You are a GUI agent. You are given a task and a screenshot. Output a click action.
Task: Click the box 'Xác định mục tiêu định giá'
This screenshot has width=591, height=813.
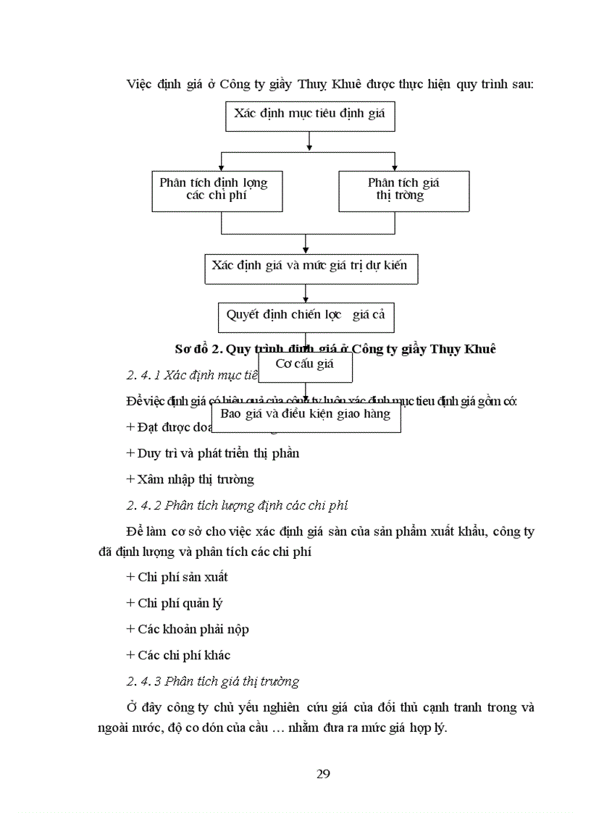pos(310,115)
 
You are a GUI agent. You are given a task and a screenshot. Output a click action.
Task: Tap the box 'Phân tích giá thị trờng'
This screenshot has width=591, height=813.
pos(403,190)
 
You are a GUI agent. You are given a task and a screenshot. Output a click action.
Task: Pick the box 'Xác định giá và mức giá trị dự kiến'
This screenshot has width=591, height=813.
pos(310,267)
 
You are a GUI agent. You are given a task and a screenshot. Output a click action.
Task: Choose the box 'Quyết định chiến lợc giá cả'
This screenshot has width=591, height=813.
pos(306,316)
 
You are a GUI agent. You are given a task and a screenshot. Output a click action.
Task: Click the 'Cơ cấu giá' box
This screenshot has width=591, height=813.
pos(304,366)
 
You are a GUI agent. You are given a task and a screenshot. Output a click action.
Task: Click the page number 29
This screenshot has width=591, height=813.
pos(324,774)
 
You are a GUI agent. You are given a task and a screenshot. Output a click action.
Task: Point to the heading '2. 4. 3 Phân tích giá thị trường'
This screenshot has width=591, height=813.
pos(212,681)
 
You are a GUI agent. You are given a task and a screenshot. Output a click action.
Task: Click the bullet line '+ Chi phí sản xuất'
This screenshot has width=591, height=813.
pos(177,577)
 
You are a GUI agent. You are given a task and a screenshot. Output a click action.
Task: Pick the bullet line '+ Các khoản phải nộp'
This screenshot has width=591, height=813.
pos(188,629)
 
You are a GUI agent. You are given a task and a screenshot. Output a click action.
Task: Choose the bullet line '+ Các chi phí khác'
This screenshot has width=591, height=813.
pos(178,655)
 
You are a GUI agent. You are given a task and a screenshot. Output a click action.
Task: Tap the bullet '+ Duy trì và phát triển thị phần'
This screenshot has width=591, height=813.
pos(212,453)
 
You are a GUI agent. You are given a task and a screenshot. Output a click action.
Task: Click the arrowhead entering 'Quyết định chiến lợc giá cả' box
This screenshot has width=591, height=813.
pos(306,300)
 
